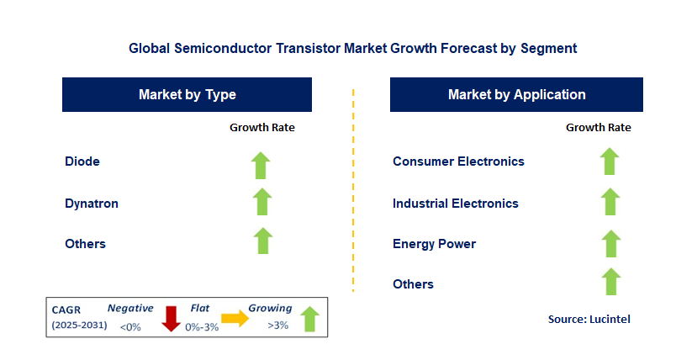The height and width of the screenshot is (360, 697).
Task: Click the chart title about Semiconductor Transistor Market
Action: (x=352, y=49)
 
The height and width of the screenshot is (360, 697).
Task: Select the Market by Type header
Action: (x=187, y=95)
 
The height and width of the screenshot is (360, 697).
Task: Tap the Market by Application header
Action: (x=516, y=95)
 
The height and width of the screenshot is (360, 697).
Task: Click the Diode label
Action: (x=82, y=161)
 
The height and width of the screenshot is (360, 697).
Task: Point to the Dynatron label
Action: (x=92, y=203)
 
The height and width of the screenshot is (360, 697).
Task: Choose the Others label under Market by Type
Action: (x=85, y=244)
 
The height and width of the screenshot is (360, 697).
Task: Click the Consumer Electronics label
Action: (x=458, y=161)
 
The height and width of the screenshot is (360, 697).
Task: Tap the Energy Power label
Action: (x=434, y=244)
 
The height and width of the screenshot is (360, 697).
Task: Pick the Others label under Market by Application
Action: (x=413, y=284)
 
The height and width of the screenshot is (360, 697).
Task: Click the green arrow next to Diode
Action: (x=262, y=165)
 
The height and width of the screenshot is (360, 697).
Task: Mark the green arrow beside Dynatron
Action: (x=262, y=202)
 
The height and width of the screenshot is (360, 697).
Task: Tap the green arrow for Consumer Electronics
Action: (x=610, y=161)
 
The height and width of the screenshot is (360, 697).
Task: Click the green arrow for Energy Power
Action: (x=610, y=243)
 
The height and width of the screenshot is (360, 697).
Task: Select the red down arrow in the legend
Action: (x=172, y=319)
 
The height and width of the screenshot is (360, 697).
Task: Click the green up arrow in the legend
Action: (x=309, y=319)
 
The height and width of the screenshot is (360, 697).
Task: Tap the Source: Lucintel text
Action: (x=589, y=319)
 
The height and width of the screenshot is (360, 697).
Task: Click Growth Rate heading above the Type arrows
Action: (x=262, y=128)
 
